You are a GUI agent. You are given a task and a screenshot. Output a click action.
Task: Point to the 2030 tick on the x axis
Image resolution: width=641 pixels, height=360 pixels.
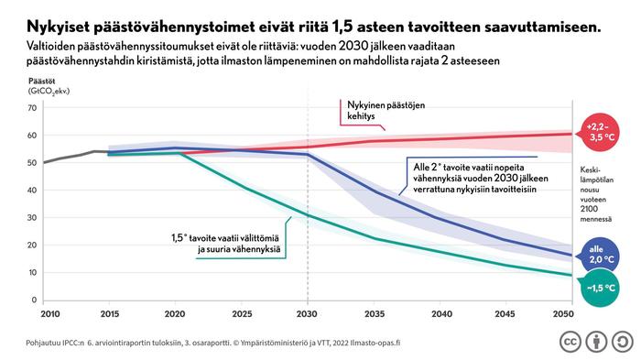coord(307,313)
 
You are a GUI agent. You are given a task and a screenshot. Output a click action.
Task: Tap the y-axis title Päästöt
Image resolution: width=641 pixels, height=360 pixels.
coord(41,82)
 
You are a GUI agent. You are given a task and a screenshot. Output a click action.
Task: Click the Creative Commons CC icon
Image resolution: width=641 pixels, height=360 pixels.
coord(567,341)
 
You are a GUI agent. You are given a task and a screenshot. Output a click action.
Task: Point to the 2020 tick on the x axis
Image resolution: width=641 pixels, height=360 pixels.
coord(176,313)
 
